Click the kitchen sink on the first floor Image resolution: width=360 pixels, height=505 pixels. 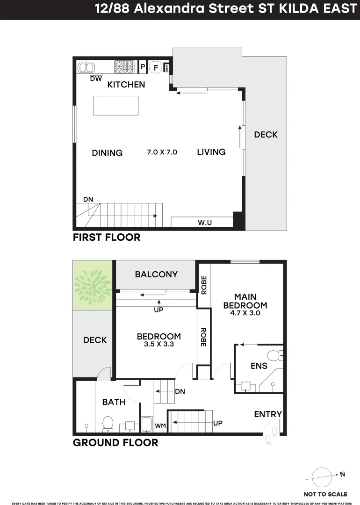86,68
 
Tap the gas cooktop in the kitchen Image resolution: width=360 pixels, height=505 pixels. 124,67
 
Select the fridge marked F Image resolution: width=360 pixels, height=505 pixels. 156,68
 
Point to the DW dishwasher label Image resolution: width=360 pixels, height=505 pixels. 96,79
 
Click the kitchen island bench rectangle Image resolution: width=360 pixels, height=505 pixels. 116,105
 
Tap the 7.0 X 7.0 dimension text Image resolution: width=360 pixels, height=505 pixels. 162,152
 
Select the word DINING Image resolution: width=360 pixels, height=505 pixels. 107,153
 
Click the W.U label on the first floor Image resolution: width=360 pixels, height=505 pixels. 205,223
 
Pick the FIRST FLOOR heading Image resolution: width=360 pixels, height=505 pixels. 107,238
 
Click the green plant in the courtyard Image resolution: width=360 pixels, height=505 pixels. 93,285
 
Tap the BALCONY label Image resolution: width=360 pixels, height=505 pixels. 156,274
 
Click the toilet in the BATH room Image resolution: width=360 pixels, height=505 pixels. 108,423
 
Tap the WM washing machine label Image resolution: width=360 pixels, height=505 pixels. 160,426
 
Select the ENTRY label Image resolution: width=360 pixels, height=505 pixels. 268,414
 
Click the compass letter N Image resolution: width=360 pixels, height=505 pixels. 342,474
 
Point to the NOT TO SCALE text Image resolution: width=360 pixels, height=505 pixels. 325,494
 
